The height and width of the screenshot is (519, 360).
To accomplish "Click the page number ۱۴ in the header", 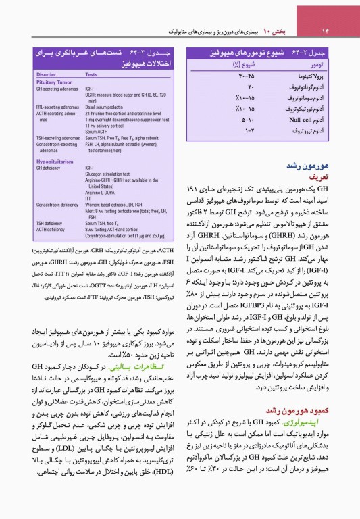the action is pos(324,30).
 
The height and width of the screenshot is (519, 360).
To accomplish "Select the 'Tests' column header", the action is pos(91,74).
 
